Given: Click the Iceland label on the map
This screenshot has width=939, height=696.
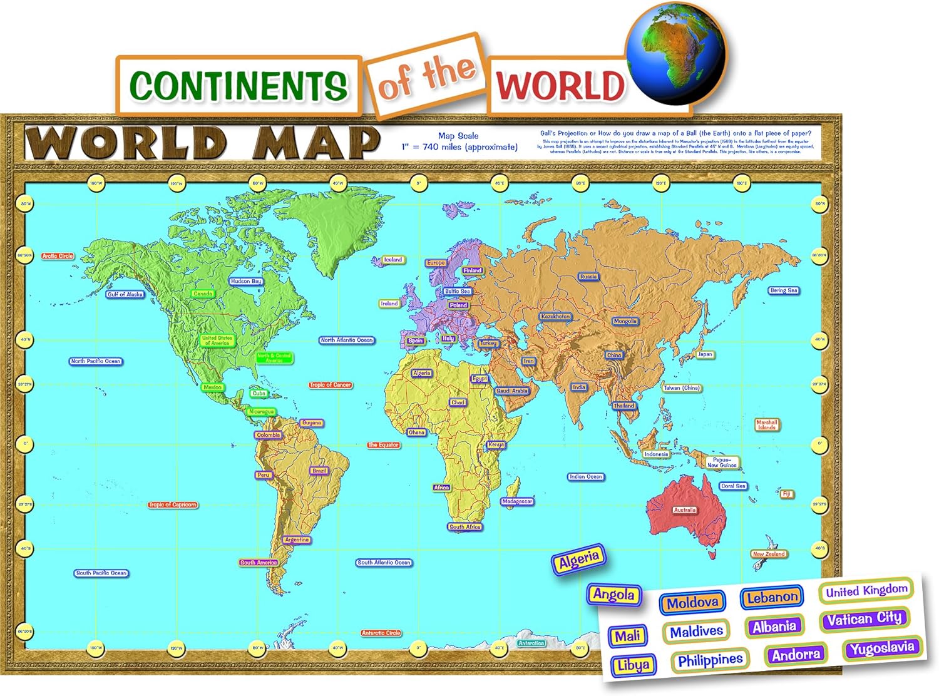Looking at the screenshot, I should (393, 260).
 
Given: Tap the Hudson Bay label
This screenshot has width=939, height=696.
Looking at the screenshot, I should (246, 282).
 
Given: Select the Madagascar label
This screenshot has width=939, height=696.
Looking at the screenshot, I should (517, 501).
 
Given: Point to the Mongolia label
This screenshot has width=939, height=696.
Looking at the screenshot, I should (625, 321).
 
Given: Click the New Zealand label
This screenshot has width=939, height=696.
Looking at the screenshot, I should (769, 554).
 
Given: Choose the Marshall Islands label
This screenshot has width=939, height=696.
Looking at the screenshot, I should (766, 424).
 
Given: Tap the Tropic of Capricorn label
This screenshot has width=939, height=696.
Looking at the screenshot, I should (173, 504).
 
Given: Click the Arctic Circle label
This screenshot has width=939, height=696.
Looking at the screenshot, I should (58, 256).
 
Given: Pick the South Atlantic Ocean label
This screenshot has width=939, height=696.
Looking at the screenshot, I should (384, 563).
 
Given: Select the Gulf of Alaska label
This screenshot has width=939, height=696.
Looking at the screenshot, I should (125, 294).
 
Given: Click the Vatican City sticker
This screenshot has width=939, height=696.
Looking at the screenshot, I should (864, 620).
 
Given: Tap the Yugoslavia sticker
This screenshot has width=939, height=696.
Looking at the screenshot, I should (882, 648).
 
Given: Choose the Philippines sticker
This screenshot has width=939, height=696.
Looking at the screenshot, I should (710, 660).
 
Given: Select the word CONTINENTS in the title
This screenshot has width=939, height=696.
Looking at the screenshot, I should (239, 86).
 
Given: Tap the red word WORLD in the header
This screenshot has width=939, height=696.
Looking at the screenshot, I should (560, 86).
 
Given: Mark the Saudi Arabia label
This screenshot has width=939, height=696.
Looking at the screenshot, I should (512, 391).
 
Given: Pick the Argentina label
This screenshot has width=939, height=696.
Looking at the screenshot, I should (297, 540).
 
